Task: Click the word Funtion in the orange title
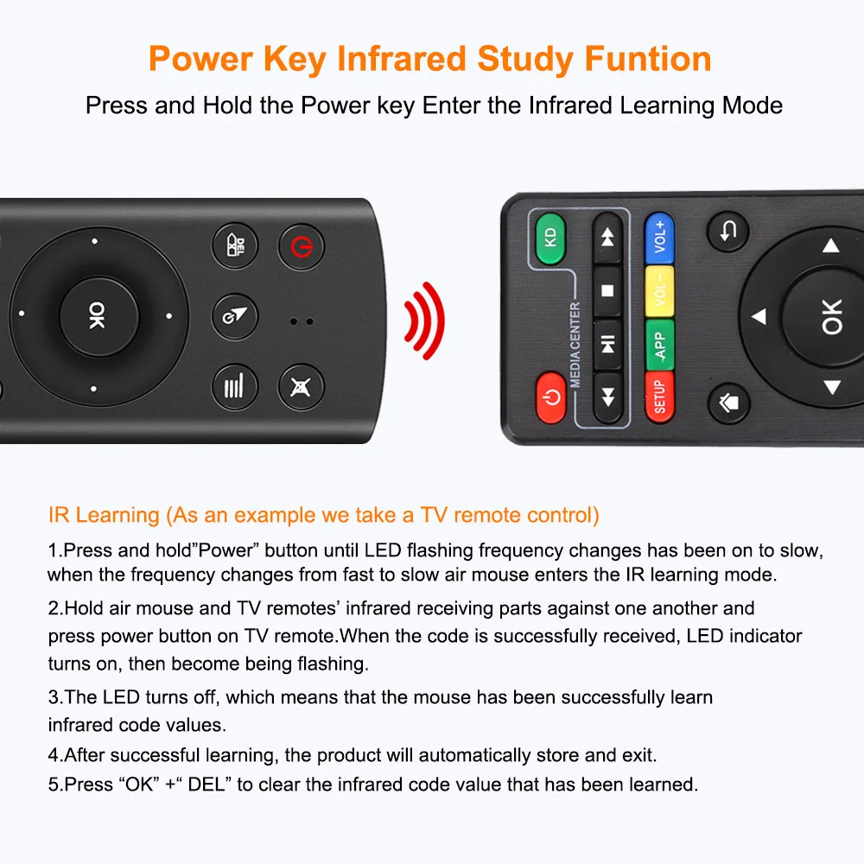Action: tap(648, 59)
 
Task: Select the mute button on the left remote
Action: tap(301, 384)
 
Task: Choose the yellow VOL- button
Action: tap(660, 294)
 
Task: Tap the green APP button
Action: tap(660, 344)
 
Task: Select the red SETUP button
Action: tap(660, 396)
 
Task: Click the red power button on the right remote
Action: tap(551, 397)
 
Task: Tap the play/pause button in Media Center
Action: tap(607, 344)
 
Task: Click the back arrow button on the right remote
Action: tap(728, 231)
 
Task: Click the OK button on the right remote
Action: tap(829, 317)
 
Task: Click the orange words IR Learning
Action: tap(105, 516)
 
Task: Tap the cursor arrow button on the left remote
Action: tap(235, 316)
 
